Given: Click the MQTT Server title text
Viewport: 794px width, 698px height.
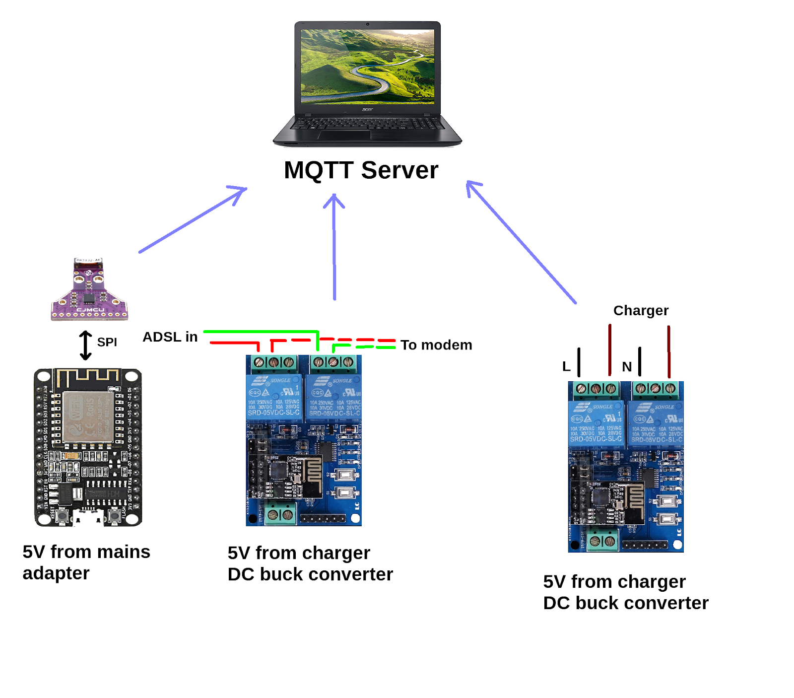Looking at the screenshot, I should [361, 170].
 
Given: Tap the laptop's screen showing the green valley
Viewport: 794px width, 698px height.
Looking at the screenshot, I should [367, 66].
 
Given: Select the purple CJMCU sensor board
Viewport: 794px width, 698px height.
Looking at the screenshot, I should [89, 293].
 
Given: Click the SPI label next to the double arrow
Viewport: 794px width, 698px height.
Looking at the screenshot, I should [107, 342].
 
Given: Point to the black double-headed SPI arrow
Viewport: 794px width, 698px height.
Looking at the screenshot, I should [85, 345].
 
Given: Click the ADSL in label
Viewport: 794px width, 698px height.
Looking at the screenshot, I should [170, 337].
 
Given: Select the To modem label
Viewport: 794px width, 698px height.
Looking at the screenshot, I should [436, 345].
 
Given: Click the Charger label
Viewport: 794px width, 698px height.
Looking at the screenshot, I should [641, 311].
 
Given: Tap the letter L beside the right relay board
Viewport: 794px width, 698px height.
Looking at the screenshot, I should [566, 367].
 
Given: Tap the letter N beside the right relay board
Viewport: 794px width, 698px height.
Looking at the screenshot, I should [627, 367].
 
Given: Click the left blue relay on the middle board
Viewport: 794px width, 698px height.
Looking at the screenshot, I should [274, 398].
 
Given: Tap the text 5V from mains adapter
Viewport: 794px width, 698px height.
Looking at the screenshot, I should [86, 562].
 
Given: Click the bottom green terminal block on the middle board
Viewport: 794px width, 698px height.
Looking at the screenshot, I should [280, 515].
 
